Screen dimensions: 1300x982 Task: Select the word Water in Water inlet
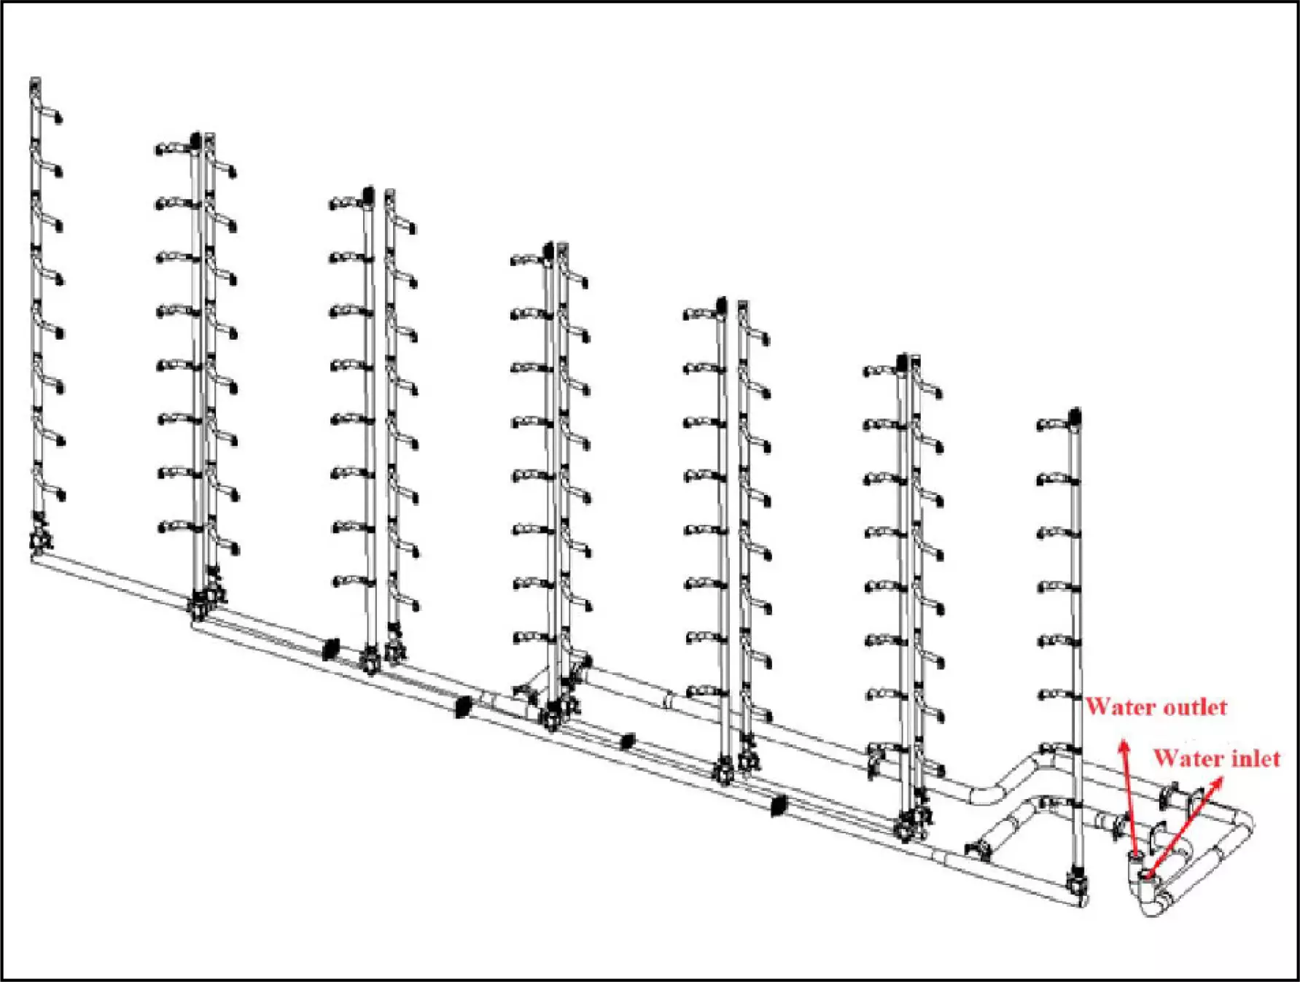[x=1188, y=758]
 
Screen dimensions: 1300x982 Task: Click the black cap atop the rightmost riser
[x=1075, y=416]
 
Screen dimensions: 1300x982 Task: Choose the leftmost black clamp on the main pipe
[x=331, y=648]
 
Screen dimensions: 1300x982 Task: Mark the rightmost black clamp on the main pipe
[x=779, y=805]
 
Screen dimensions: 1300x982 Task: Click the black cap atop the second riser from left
[x=195, y=139]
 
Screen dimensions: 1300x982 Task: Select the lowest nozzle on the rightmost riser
[x=1055, y=749]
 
